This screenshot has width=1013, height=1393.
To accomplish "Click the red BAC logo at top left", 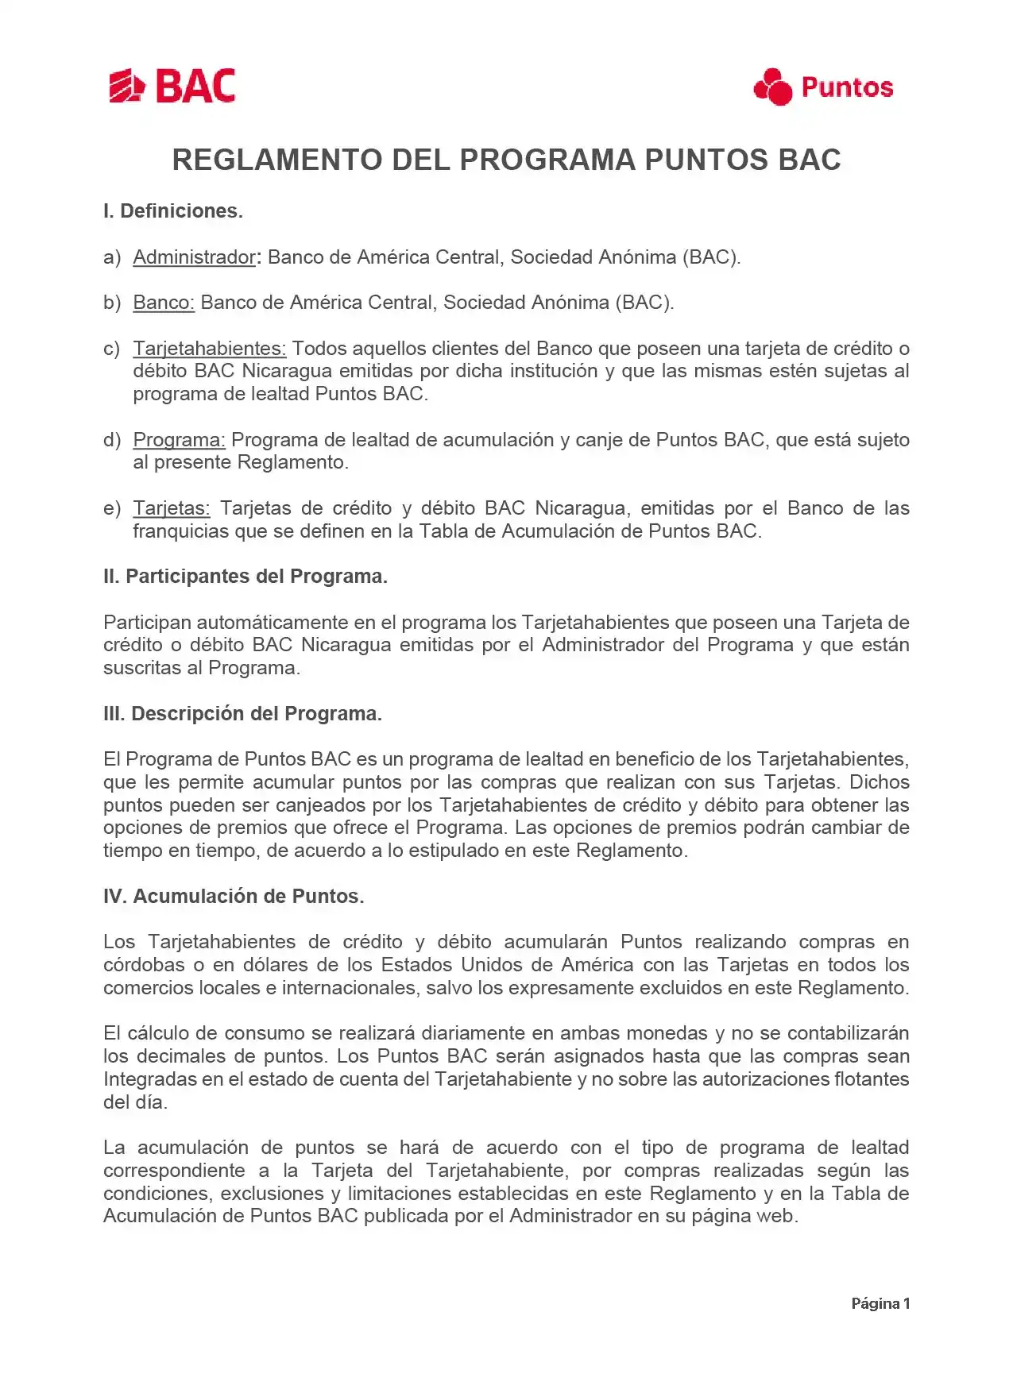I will [x=172, y=86].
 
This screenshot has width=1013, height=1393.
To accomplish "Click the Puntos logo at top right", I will [x=823, y=87].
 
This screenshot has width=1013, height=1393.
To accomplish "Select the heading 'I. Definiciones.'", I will [x=173, y=211].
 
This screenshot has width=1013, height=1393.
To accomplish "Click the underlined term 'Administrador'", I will [x=194, y=257].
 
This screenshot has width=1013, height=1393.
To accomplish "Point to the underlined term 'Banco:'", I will [x=164, y=303].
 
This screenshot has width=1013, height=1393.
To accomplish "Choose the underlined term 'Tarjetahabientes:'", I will [x=209, y=349].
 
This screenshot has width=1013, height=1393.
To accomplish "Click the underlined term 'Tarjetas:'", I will [x=171, y=508].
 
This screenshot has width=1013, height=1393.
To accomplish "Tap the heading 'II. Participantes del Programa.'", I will [x=246, y=577].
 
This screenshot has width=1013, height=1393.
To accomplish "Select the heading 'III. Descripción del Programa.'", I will [x=242, y=714].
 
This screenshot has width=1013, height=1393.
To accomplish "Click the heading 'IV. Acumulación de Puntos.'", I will [x=234, y=897].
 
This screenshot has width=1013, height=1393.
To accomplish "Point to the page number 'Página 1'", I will [x=880, y=1303].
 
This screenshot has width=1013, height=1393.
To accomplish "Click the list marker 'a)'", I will [x=112, y=257].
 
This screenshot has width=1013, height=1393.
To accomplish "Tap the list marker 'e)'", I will [x=112, y=508].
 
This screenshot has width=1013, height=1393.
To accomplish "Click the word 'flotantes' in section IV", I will [x=872, y=1079].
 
